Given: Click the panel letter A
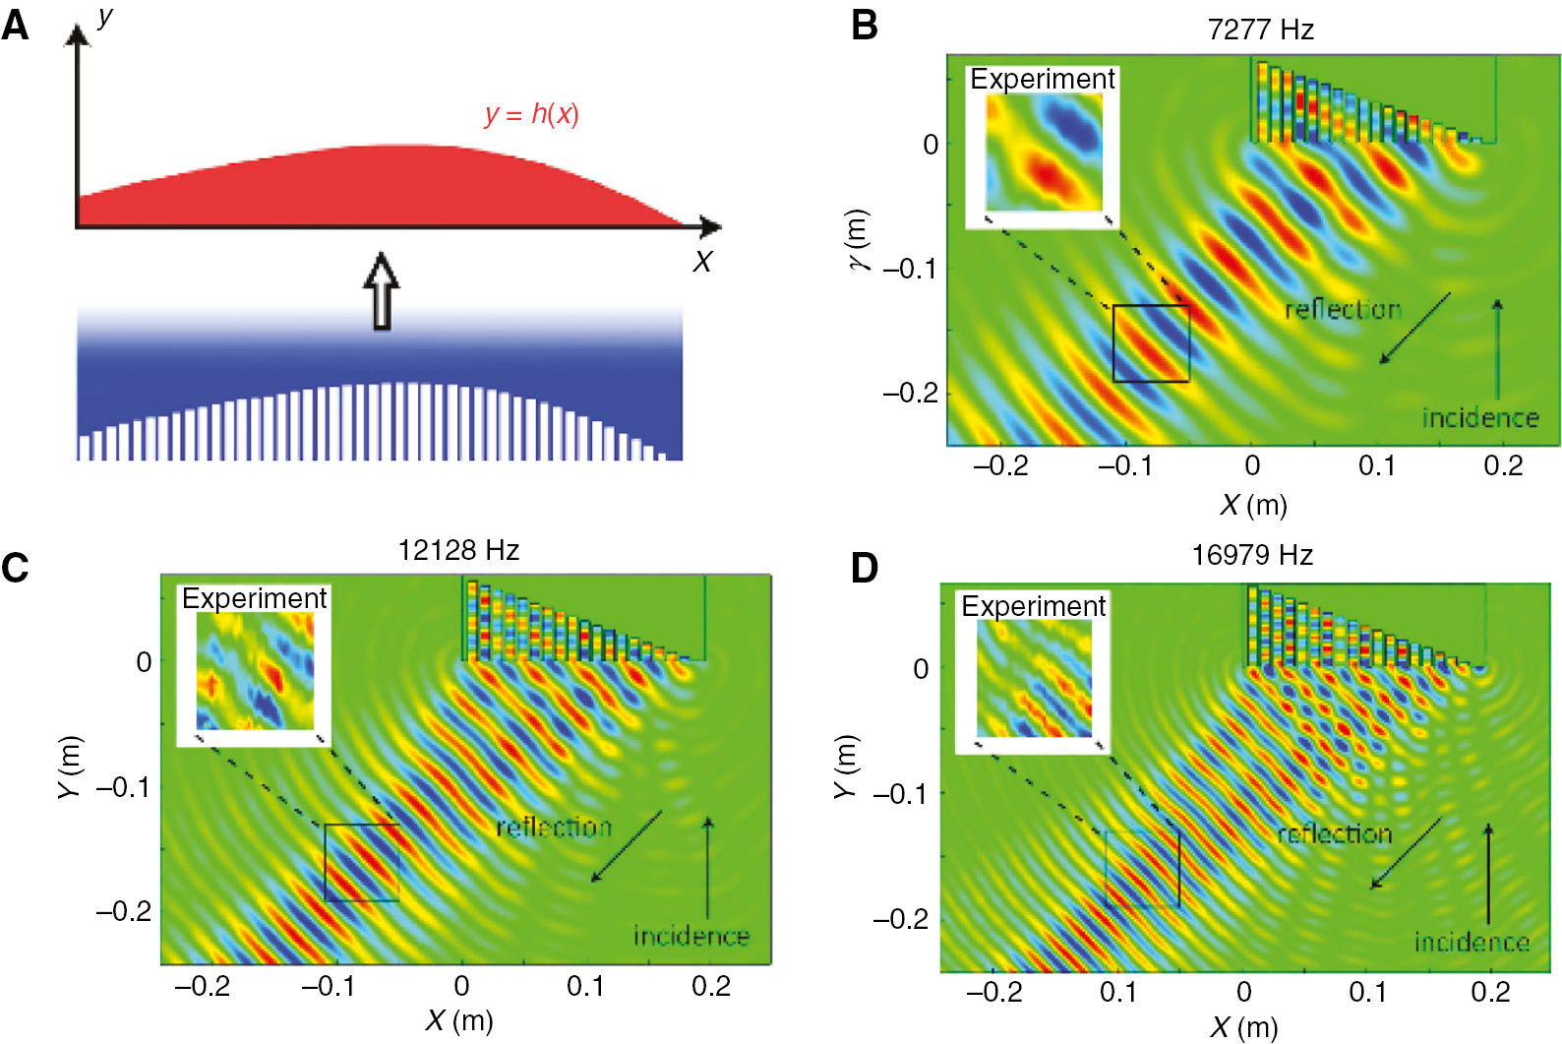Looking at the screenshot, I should (15, 24).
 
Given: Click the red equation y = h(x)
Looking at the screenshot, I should (531, 114).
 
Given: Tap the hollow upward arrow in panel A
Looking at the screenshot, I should (382, 291).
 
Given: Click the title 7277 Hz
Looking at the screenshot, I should (1260, 30).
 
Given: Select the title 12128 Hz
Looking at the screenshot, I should (458, 550).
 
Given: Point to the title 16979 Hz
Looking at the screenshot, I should (1252, 555).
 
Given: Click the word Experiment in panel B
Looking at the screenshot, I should (1043, 79).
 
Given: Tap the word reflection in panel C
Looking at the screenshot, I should (554, 828).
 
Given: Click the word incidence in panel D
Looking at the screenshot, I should (1472, 943).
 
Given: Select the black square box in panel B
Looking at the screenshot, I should (1151, 343).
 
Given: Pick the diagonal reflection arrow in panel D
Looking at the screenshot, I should (1407, 852).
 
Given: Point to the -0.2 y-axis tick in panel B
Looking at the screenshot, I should (910, 393).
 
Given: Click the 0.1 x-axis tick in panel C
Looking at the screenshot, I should (585, 986).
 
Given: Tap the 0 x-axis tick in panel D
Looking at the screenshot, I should (1244, 992).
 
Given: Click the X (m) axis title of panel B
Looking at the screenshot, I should (1253, 505).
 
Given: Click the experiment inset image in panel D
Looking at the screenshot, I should (1034, 679).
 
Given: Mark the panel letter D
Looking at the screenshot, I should (864, 569).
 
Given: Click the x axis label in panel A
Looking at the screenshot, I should (701, 262).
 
